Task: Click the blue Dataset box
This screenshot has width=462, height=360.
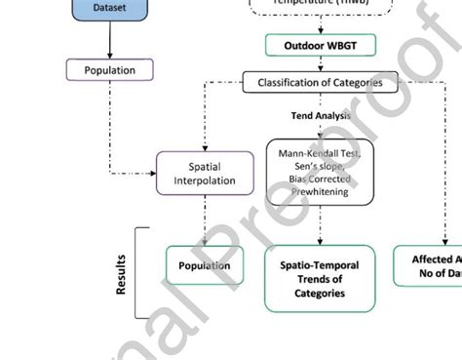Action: coord(109,9)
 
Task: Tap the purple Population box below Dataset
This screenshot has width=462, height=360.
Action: coord(109,70)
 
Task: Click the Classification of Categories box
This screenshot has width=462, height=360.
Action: coord(320,83)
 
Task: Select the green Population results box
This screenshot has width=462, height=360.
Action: coord(205,265)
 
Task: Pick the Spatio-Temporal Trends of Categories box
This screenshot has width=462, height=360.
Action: coord(320,279)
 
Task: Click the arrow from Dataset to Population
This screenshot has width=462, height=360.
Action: coord(109,39)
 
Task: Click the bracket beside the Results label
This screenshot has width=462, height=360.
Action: coord(138,272)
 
